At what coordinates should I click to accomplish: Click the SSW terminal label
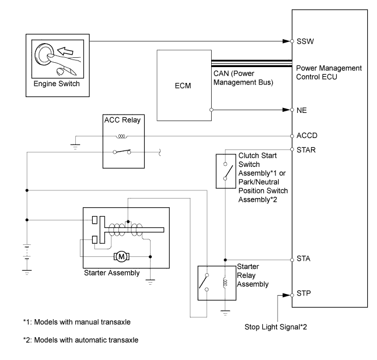pos(305,41)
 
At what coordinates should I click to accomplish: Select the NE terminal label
pos(302,110)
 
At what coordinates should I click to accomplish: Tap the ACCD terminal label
pos(307,135)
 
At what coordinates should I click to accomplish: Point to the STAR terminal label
pos(306,150)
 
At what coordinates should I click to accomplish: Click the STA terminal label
pos(303,259)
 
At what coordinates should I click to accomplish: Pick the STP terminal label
pos(304,293)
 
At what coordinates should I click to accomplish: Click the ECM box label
pos(183,86)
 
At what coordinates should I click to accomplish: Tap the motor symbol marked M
pos(122,256)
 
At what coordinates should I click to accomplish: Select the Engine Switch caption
pos(57,83)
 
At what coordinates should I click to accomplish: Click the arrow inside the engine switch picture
pos(65,51)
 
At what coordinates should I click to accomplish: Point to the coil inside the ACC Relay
pos(122,136)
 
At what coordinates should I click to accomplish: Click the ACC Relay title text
pos(122,120)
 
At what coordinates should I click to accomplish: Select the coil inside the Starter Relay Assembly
pos(225,283)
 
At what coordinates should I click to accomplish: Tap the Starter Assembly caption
pos(112,273)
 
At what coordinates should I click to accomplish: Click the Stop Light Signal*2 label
pos(276,327)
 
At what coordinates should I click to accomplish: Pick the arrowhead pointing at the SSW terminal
pos(286,41)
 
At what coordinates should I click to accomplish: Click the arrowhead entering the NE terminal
pos(286,110)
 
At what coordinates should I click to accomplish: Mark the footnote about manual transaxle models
pos(77,322)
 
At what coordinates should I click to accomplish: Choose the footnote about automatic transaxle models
pos(81,340)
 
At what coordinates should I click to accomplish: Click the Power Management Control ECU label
pos(328,73)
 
